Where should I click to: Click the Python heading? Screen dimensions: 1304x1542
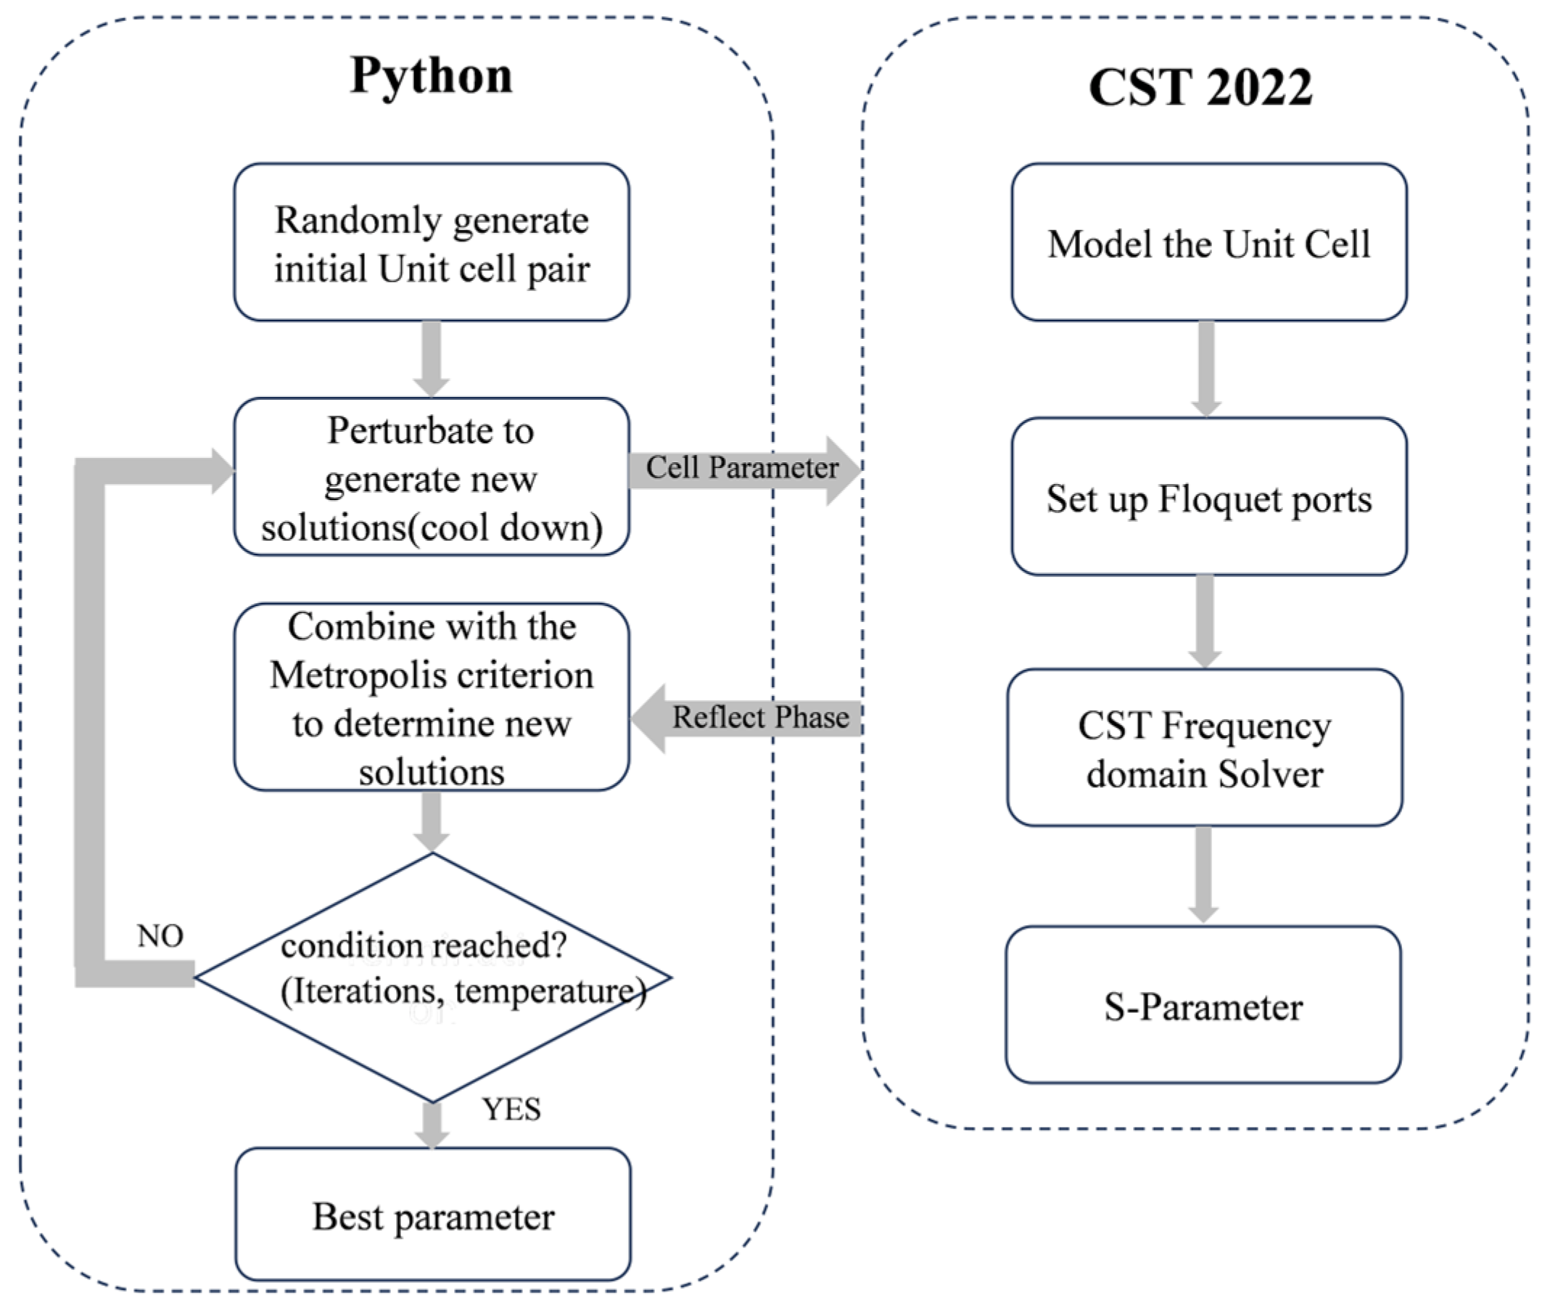tap(431, 75)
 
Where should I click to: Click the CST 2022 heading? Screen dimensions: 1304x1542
tap(1200, 87)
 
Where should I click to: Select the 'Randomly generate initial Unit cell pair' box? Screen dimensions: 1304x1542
tap(432, 242)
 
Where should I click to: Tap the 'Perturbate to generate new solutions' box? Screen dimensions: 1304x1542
tap(432, 477)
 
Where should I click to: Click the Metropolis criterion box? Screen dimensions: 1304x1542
tap(432, 698)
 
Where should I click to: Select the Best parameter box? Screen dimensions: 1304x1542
tap(433, 1217)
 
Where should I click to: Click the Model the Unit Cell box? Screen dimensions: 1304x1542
tap(1209, 242)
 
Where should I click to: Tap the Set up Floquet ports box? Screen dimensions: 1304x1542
tap(1209, 497)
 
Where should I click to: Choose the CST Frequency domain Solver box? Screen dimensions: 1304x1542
tap(1204, 748)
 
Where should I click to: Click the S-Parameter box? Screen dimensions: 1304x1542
tap(1203, 1005)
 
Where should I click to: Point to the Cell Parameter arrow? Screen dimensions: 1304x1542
tap(743, 469)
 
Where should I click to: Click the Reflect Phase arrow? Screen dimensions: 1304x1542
tap(746, 718)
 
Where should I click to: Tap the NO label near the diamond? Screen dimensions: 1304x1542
tap(160, 936)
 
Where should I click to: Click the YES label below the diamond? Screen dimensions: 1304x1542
tap(511, 1109)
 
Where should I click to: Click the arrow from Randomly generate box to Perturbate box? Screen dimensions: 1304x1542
tap(432, 358)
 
